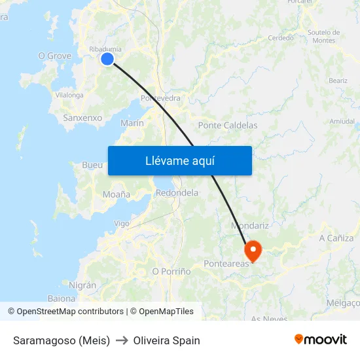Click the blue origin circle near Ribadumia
[107, 59]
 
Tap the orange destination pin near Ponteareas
[253, 251]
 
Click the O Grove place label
[55, 56]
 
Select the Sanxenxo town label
[82, 118]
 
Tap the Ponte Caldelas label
[228, 125]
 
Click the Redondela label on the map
[177, 193]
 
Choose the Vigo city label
[122, 223]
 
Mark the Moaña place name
[117, 194]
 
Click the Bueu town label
[92, 165]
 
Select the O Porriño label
[171, 271]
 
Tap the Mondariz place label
[251, 226]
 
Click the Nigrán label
[82, 285]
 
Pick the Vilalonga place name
[69, 95]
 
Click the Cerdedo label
[281, 38]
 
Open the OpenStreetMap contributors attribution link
[70, 312]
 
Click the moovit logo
[321, 340]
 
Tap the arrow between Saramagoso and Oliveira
[122, 340]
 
